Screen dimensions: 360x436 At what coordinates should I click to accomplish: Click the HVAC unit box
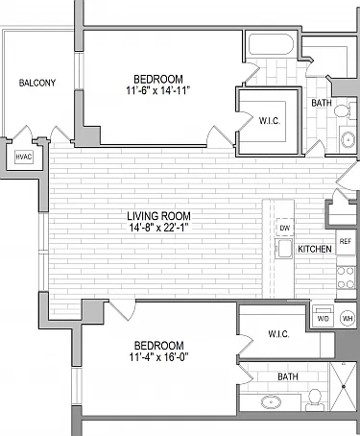point(24,157)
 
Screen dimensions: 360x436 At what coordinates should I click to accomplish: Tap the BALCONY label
point(37,83)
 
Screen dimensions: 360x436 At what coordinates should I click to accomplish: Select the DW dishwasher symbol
point(284,228)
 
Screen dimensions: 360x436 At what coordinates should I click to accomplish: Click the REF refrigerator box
point(346,242)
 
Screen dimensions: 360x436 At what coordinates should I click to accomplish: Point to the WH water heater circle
point(347,319)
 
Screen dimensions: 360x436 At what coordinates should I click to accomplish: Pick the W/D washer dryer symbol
point(323,316)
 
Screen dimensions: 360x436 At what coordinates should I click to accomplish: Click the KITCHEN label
point(315,249)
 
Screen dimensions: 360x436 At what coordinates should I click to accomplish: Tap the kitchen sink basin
point(284,249)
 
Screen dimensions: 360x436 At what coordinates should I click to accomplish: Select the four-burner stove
point(346,278)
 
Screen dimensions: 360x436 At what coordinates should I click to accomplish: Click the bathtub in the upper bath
point(271,44)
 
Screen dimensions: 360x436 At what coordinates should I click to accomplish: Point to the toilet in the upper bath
point(345,110)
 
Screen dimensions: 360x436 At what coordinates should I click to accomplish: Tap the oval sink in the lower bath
point(271,402)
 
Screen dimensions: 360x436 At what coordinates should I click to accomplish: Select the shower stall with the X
point(343,386)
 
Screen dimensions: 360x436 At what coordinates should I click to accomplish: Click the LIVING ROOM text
point(158,216)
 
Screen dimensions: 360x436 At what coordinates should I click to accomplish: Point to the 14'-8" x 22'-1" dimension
point(158,228)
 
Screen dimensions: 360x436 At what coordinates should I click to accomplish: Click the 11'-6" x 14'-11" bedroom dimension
point(158,90)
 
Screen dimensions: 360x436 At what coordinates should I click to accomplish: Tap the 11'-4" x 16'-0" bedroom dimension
point(158,356)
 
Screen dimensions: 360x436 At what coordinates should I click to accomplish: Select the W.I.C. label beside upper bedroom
point(270,121)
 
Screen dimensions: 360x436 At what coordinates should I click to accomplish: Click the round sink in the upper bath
point(348,139)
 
